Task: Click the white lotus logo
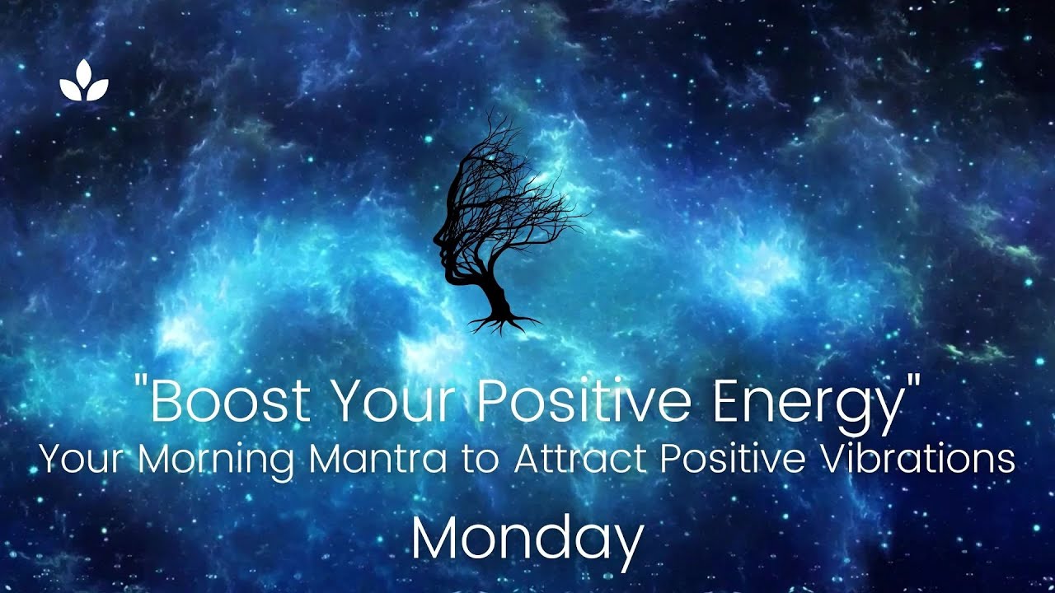[84, 82]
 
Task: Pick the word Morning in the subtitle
[217, 459]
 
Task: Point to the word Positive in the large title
[588, 401]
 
